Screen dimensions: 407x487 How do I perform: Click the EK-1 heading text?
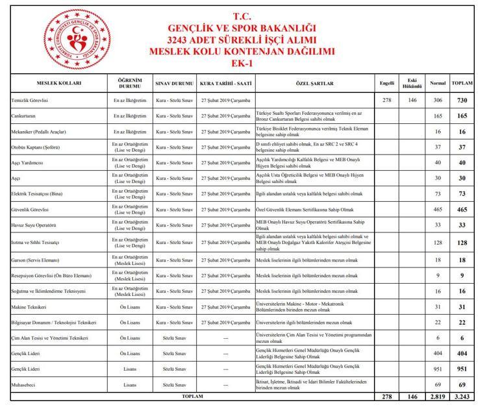(241, 64)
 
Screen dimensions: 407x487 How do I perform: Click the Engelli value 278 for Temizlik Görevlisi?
(387, 101)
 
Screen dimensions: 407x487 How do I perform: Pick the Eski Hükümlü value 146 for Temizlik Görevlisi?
(411, 101)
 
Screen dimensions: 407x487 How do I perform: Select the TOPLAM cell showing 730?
(462, 101)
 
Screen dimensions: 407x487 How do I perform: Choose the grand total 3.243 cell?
(462, 396)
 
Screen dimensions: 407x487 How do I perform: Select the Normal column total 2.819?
(438, 396)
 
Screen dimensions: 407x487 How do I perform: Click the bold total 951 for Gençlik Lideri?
(462, 369)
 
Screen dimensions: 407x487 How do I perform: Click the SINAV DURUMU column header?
(174, 84)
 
